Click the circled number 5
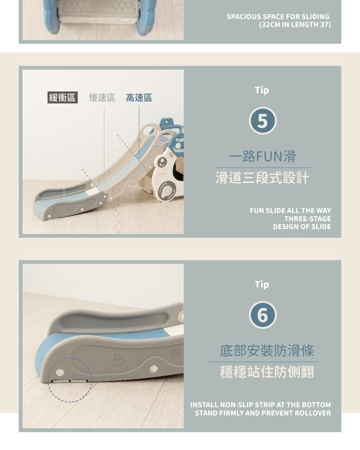(x=262, y=121)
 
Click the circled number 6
(x=262, y=316)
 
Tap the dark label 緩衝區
(x=62, y=97)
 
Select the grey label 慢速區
(x=102, y=97)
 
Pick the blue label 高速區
(x=139, y=97)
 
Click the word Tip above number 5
(x=262, y=90)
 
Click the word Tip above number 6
(x=262, y=284)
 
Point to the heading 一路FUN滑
(x=262, y=157)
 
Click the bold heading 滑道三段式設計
(x=262, y=178)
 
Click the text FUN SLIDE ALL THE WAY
(x=290, y=211)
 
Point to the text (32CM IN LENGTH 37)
(x=294, y=25)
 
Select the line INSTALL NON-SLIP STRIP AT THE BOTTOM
(x=260, y=405)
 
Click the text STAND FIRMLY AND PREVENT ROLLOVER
(x=263, y=413)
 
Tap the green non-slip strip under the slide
(x=68, y=379)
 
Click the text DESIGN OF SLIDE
(x=302, y=227)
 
